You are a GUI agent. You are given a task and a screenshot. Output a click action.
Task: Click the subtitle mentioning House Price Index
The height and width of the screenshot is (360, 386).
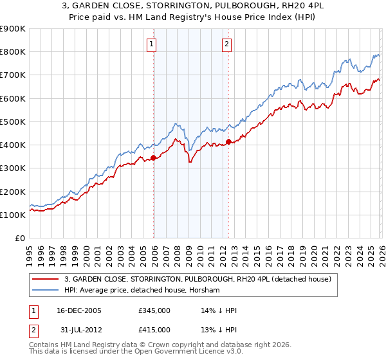(192, 18)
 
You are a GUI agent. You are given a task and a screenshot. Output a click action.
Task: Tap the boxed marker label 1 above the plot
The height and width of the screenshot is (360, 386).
(151, 44)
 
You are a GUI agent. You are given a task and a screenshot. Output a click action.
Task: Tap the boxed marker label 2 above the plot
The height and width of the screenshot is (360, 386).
(228, 44)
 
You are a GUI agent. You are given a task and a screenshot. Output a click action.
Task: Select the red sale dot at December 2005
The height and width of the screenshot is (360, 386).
(154, 157)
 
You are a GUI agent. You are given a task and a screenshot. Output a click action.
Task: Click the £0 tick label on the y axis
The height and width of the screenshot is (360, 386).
(19, 238)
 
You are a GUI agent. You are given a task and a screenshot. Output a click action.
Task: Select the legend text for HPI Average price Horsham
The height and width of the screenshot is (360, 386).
(142, 290)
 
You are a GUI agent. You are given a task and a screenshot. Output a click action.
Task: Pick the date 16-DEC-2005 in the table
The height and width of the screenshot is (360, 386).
(79, 310)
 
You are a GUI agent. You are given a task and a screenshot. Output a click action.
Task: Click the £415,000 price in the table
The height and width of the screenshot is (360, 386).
(154, 330)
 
